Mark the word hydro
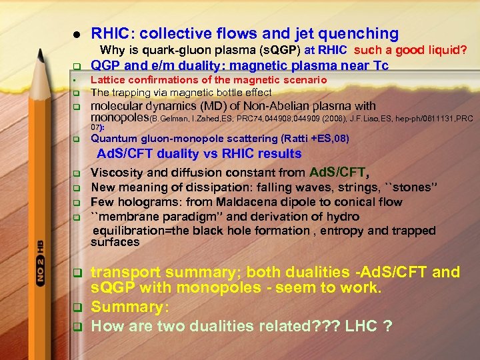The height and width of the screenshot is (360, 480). coord(342,216)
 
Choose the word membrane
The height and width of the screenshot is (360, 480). coord(130,216)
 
